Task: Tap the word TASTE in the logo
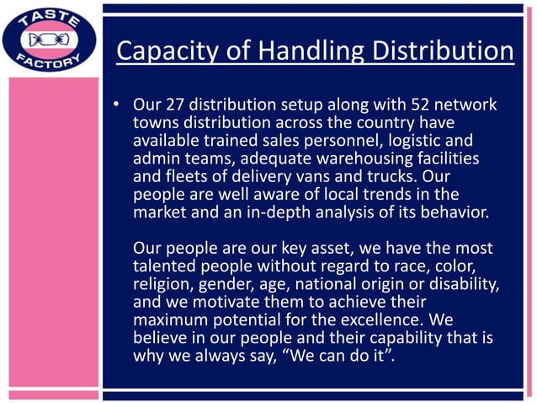point(53,18)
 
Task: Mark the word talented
point(163,266)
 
